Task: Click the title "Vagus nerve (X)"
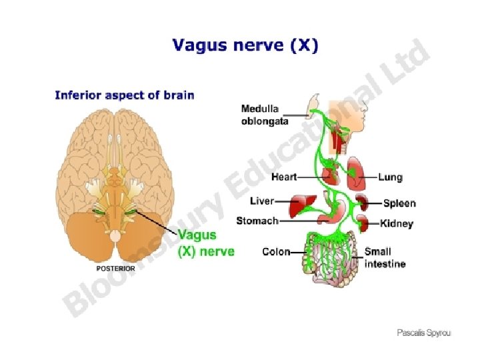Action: (245, 46)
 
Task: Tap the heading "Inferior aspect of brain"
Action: (124, 95)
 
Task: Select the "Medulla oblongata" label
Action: (265, 115)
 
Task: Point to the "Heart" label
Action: (283, 177)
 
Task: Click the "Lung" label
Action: (390, 177)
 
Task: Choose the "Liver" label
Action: (261, 201)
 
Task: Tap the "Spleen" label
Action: (399, 203)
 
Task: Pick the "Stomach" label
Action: (257, 221)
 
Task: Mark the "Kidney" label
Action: (397, 224)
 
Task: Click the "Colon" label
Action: (276, 252)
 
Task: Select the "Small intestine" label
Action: (385, 258)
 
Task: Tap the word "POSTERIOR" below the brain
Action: (116, 268)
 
